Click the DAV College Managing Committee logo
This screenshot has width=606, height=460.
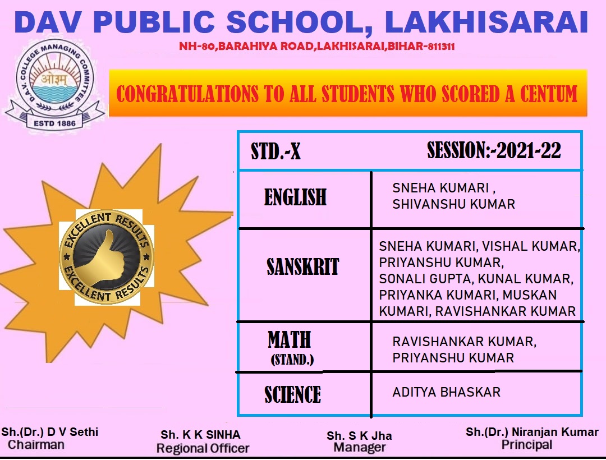pos(54,84)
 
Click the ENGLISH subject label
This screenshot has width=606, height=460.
pos(295,197)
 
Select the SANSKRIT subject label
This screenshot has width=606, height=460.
pos(302,266)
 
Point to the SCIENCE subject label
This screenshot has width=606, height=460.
pos(292,394)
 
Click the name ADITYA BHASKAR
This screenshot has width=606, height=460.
pos(446,392)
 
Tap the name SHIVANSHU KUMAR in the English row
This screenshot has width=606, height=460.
pos(453,204)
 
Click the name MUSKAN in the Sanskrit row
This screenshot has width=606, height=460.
pos(529,295)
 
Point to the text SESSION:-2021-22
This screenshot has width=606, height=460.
pos(494,150)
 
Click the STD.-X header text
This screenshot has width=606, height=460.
pos(276,151)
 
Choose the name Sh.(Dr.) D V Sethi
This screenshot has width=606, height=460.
pos(49,432)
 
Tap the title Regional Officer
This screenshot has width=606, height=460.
pos(203,448)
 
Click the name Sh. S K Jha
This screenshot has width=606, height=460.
pos(359,436)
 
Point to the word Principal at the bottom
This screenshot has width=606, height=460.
pos(527,445)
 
